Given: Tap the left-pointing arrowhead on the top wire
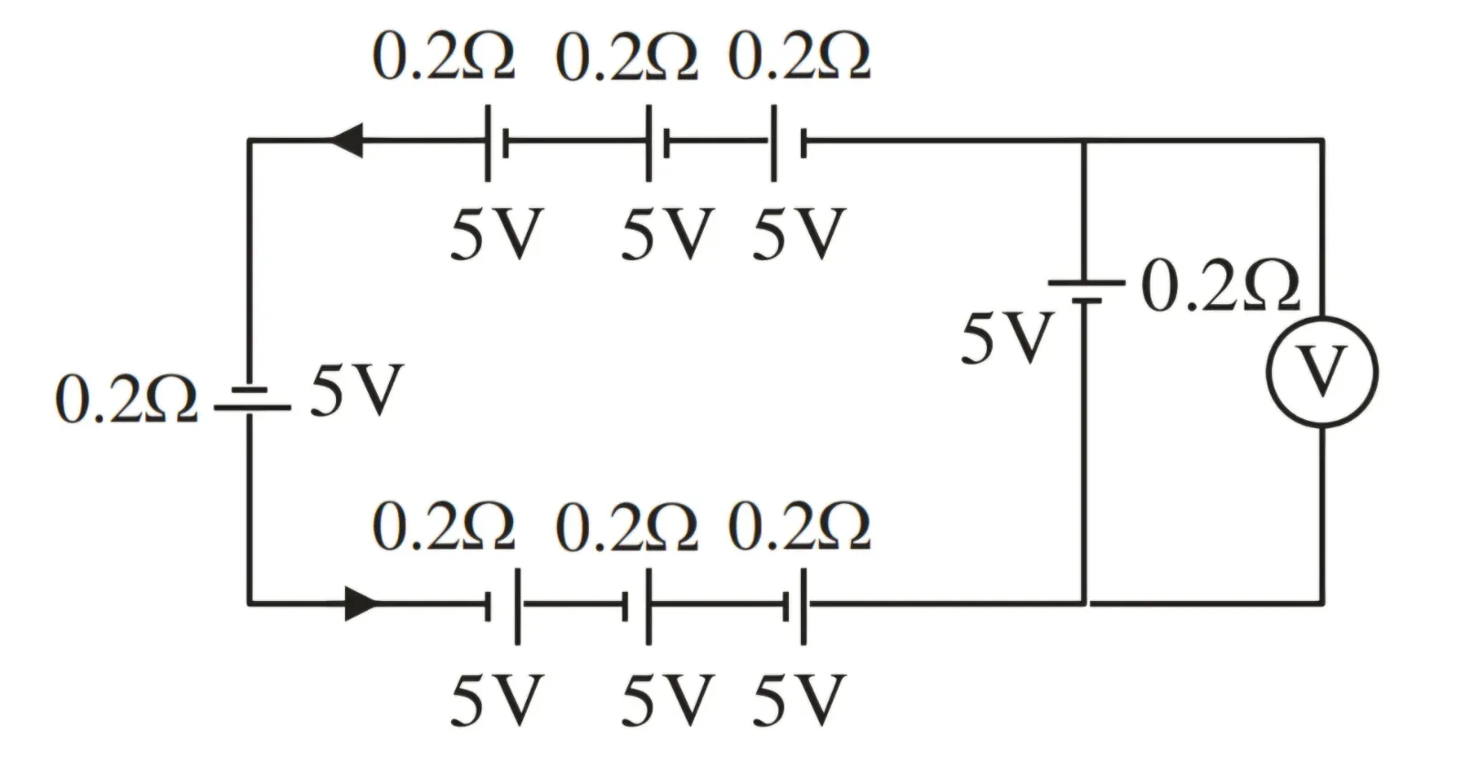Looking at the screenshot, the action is (x=346, y=141).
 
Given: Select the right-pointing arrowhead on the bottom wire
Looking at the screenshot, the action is (x=362, y=604).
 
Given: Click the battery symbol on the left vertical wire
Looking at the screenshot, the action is (x=252, y=398).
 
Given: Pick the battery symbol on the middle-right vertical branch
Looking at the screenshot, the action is (x=1087, y=291).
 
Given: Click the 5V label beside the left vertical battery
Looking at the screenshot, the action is (x=356, y=390).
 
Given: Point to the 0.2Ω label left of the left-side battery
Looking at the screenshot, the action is (x=127, y=399).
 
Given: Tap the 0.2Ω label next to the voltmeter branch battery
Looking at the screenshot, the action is (x=1221, y=286).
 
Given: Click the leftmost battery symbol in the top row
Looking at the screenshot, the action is (x=497, y=143).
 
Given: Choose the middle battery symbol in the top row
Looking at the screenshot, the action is (x=657, y=143).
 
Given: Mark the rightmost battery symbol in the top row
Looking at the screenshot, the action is (x=789, y=143).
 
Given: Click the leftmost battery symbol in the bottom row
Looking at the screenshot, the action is (x=503, y=606).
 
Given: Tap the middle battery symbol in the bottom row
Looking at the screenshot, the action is (x=636, y=606).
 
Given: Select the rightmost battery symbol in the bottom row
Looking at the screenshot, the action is (x=795, y=606).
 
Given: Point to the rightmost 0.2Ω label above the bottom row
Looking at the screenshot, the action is (x=799, y=526).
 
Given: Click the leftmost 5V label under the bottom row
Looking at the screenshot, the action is (x=497, y=701).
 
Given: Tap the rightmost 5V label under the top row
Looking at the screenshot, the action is (x=799, y=234).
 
